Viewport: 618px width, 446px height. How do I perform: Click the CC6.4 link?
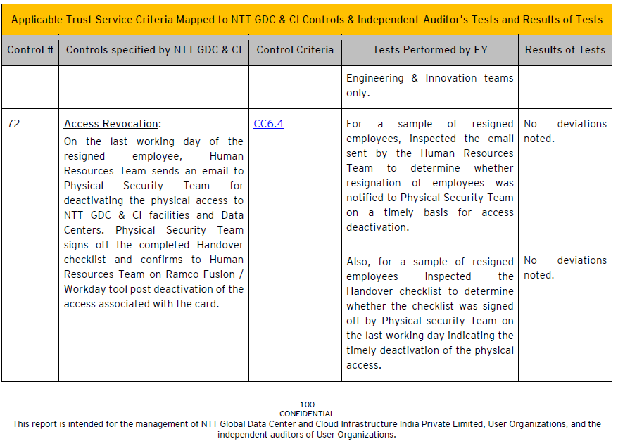pos(268,124)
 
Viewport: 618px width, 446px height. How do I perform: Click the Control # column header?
pos(30,50)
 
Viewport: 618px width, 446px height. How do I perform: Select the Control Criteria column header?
pos(295,50)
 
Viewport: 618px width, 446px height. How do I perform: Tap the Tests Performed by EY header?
pos(429,50)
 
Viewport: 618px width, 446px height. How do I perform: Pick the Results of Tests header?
pos(565,50)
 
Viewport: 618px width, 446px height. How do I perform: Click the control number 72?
pos(13,124)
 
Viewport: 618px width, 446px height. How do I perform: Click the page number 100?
pos(307,404)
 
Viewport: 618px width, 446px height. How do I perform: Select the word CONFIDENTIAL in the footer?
pos(307,414)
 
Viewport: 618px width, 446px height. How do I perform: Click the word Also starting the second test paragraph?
pos(359,262)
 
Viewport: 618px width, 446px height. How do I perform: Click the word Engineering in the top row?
pos(375,78)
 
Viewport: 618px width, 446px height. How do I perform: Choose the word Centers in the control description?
pos(87,230)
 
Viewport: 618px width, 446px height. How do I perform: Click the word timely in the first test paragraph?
pos(399,212)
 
